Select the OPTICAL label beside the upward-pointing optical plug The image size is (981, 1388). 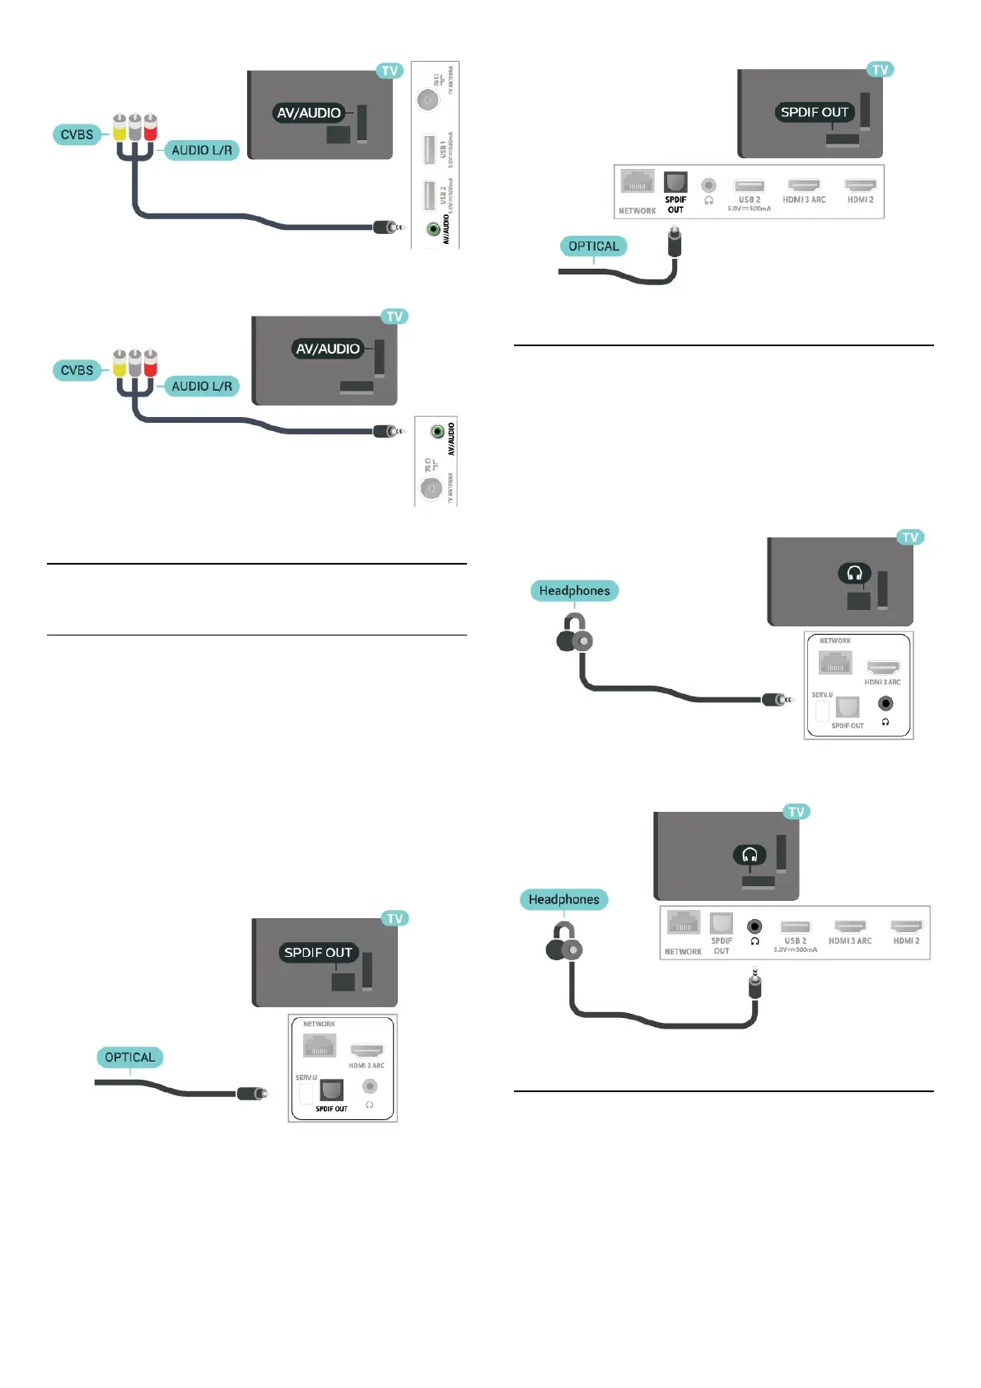tap(593, 246)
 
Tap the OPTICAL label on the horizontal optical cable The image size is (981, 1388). tap(129, 1057)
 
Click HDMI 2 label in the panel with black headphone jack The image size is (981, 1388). tap(906, 940)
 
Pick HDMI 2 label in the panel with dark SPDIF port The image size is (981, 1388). tap(860, 199)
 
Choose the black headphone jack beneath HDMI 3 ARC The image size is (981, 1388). tap(885, 703)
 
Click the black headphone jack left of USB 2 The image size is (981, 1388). tap(754, 927)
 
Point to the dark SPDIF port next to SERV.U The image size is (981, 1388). tap(332, 1090)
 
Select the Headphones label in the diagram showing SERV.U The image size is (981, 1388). tap(574, 591)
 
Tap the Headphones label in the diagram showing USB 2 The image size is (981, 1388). tap(563, 899)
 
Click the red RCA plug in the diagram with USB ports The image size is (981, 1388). tap(150, 128)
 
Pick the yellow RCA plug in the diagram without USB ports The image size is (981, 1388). tap(119, 363)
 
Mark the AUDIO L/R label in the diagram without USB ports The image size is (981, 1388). tap(201, 386)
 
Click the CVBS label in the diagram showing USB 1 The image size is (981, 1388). tap(77, 134)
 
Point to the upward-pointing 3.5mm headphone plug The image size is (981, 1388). tap(754, 984)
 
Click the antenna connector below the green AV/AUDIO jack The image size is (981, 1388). tap(431, 489)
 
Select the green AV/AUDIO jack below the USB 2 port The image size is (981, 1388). tap(433, 229)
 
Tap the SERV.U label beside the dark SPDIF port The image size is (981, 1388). tap(306, 1077)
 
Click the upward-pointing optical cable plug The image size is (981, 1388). tap(675, 242)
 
